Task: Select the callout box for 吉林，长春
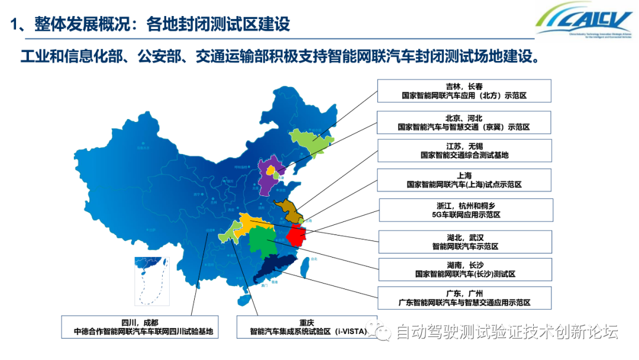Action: click(x=464, y=91)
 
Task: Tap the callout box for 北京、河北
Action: click(x=464, y=123)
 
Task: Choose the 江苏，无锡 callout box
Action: click(x=464, y=150)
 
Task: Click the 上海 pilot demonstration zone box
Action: click(x=464, y=180)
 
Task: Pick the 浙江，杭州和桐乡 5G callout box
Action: click(x=466, y=210)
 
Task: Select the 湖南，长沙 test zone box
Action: click(x=465, y=269)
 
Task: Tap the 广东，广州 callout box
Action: click(x=465, y=298)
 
